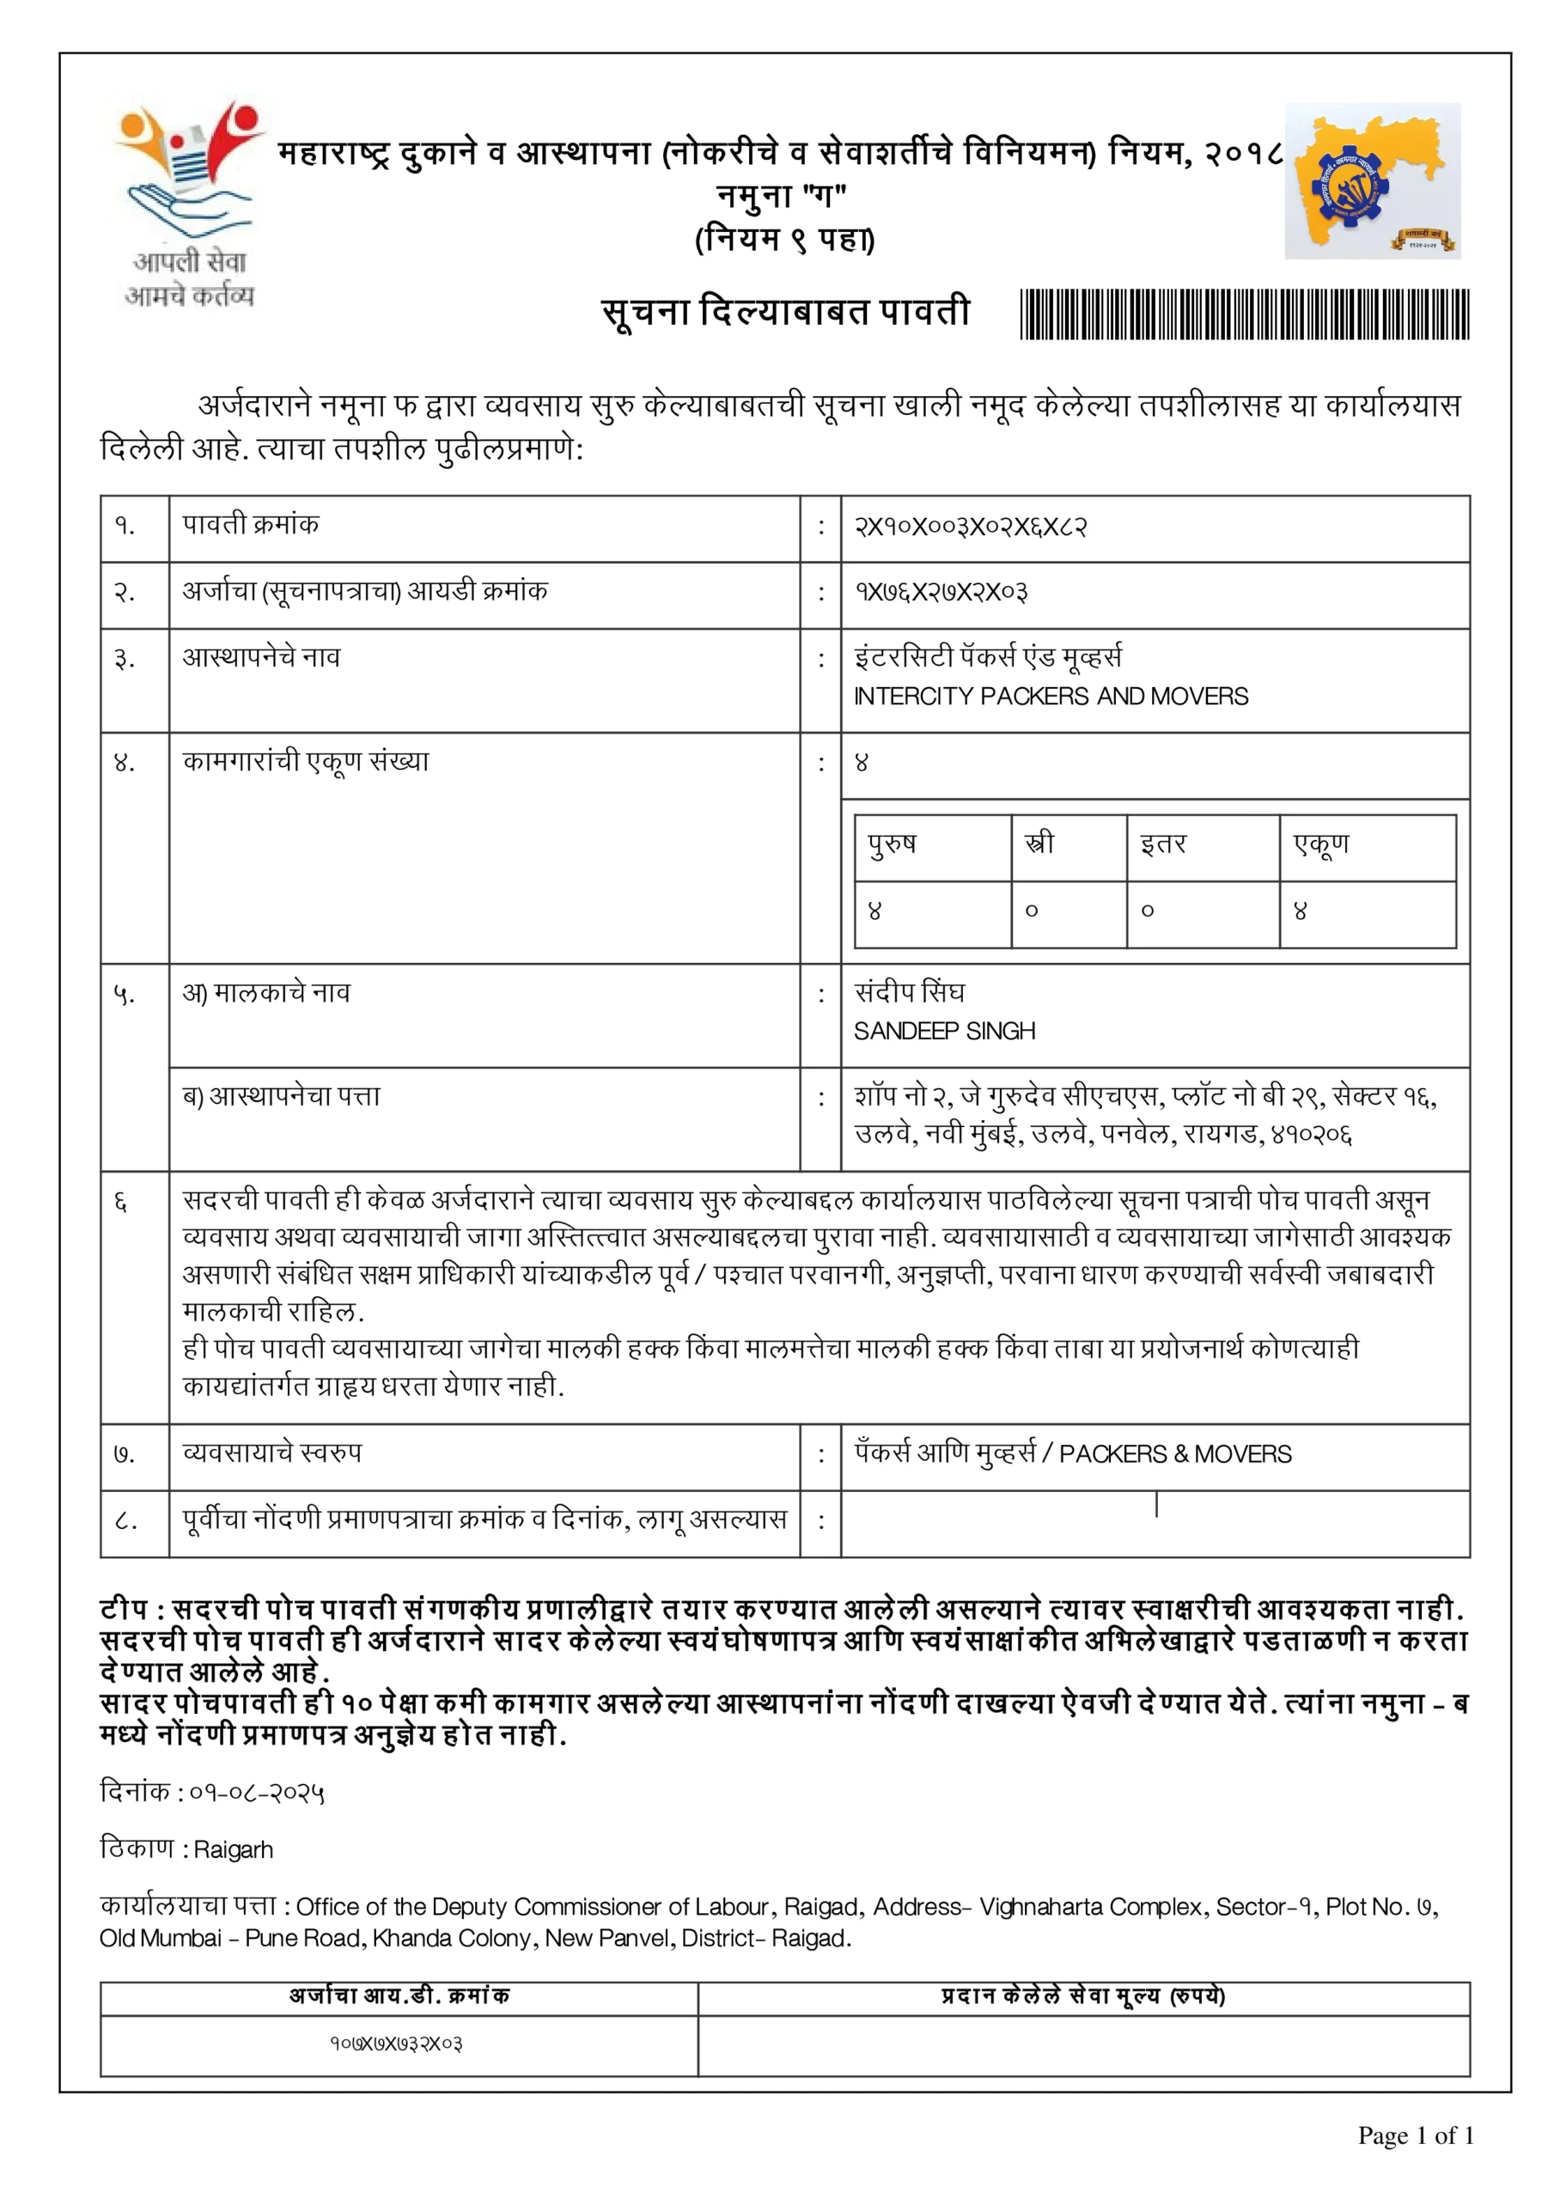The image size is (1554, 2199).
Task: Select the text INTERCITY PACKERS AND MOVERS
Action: click(1050, 697)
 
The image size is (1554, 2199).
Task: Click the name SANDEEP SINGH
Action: click(944, 1032)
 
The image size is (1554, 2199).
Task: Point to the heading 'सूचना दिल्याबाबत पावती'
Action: click(786, 312)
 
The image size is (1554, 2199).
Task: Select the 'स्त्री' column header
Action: click(1039, 844)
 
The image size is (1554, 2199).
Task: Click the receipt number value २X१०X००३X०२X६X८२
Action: click(970, 527)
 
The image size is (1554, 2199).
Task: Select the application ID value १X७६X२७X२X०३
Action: click(941, 593)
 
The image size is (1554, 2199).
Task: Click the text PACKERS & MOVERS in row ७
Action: click(1174, 1454)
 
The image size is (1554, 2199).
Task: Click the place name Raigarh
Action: click(233, 1849)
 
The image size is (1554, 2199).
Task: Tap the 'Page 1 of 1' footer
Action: click(1414, 2135)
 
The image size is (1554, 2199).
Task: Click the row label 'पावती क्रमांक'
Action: click(250, 525)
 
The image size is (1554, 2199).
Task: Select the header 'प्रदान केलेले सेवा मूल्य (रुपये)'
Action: click(1082, 1996)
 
